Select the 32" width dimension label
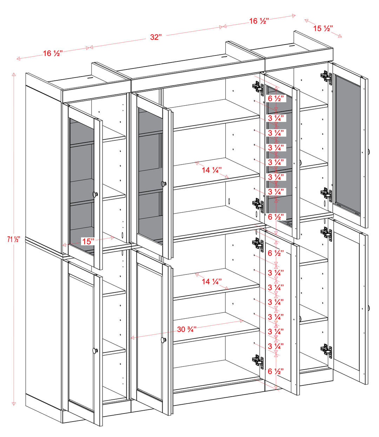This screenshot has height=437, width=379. pyautogui.click(x=155, y=37)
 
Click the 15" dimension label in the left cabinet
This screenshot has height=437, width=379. pyautogui.click(x=88, y=241)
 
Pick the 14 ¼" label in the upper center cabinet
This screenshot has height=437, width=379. pyautogui.click(x=212, y=170)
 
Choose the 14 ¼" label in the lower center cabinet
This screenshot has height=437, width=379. pyautogui.click(x=212, y=282)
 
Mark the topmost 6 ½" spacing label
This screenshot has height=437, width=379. pyautogui.click(x=275, y=99)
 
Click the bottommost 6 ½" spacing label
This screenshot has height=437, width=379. pyautogui.click(x=275, y=371)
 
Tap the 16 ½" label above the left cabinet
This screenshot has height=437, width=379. pyautogui.click(x=53, y=53)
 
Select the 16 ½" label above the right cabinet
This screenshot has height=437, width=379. pyautogui.click(x=259, y=21)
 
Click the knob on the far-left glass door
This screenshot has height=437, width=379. pyautogui.click(x=95, y=194)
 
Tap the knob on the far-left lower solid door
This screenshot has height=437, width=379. pyautogui.click(x=95, y=350)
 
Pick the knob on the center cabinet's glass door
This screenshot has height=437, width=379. pyautogui.click(x=163, y=183)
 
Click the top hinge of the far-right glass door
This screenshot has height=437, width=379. pyautogui.click(x=326, y=76)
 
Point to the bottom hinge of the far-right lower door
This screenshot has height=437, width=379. pyautogui.click(x=326, y=350)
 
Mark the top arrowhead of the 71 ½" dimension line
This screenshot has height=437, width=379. pyautogui.click(x=14, y=74)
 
